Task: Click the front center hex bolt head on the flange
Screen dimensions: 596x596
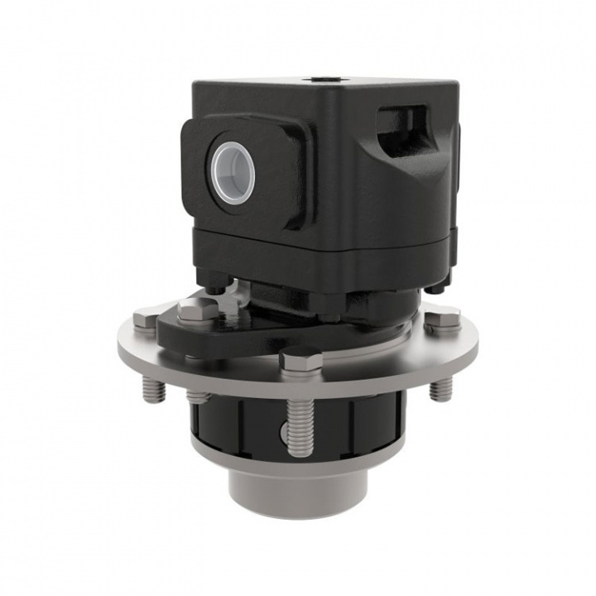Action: point(300,360)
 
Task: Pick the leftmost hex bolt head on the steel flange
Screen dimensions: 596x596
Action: point(146,319)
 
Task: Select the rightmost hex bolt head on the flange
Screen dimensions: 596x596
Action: point(442,319)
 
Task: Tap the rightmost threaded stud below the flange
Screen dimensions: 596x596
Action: point(440,387)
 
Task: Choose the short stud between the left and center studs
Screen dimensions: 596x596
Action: point(199,397)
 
